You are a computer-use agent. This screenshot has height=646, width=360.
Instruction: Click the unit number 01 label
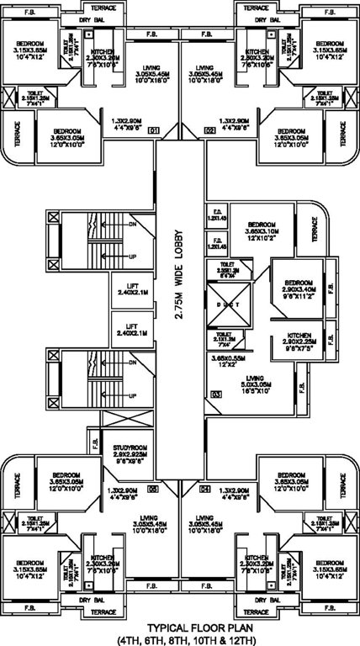click(x=154, y=130)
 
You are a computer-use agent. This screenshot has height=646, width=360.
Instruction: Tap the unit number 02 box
click(x=209, y=130)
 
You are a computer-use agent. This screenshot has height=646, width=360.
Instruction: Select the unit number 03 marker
click(x=216, y=394)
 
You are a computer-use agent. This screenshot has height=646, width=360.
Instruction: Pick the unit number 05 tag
click(x=153, y=488)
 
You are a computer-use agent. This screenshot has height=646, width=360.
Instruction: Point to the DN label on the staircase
click(x=131, y=225)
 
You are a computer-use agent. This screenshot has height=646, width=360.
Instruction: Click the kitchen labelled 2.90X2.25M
click(x=296, y=343)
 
